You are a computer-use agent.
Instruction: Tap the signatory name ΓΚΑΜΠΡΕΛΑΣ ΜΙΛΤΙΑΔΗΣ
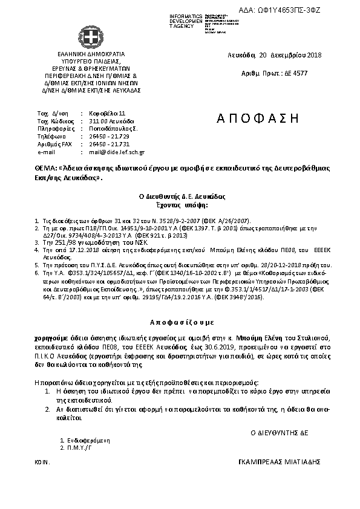280,461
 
